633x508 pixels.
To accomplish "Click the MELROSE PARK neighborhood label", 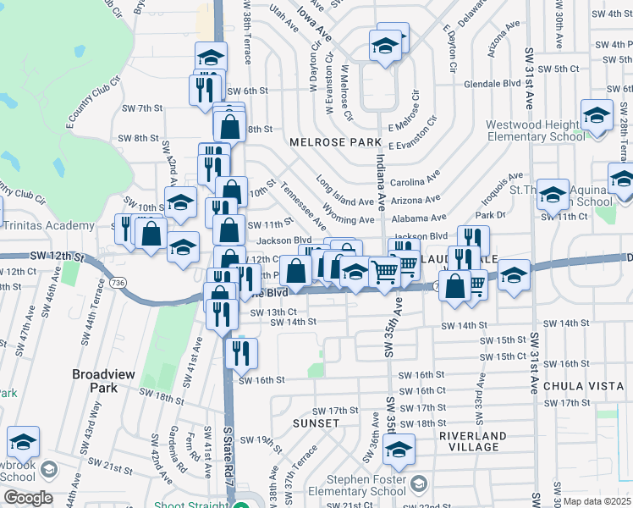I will coord(325,142).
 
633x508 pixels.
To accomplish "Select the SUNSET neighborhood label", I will coord(316,422).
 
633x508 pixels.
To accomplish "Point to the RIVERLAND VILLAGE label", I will coord(473,441).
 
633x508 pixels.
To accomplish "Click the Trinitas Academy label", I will coord(47,225).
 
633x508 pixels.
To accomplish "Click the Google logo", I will coord(27,497).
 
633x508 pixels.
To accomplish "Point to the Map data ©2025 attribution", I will coord(597,501).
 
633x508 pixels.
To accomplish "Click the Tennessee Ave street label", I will coord(303,206).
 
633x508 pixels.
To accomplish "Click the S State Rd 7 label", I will coord(228,457).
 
